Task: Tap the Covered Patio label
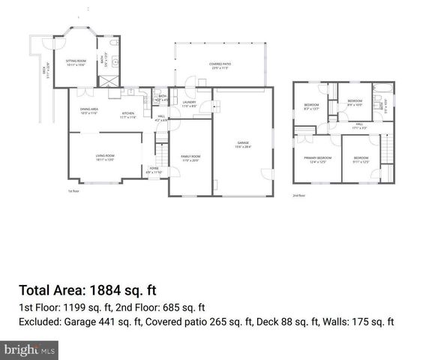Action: pyautogui.click(x=220, y=65)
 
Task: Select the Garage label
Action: pyautogui.click(x=241, y=143)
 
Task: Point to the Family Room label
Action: pyautogui.click(x=190, y=157)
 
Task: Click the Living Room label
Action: pyautogui.click(x=104, y=157)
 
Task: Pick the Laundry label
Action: pyautogui.click(x=189, y=103)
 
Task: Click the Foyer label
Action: pyautogui.click(x=154, y=169)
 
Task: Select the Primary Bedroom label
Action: pyautogui.click(x=317, y=158)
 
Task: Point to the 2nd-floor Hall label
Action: pyautogui.click(x=359, y=125)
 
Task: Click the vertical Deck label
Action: pyautogui.click(x=46, y=71)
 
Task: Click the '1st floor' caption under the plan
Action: pyautogui.click(x=73, y=191)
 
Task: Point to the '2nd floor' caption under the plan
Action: pyautogui.click(x=299, y=196)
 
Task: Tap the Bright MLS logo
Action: pyautogui.click(x=30, y=349)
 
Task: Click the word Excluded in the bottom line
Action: pyautogui.click(x=40, y=322)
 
